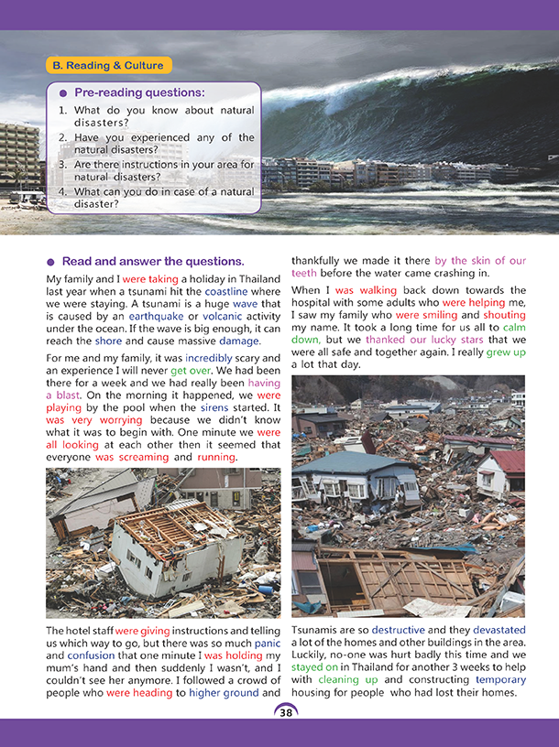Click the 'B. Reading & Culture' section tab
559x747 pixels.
[x=107, y=65]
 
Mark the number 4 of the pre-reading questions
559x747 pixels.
[x=62, y=191]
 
